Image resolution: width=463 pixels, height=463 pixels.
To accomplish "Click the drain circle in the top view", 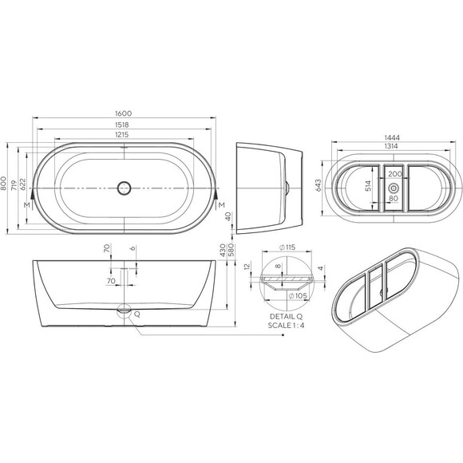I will pos(123,188).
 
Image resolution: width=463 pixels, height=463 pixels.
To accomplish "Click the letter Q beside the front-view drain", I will pos(137,315).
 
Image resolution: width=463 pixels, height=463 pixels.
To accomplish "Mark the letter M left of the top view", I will pos(28,206).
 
